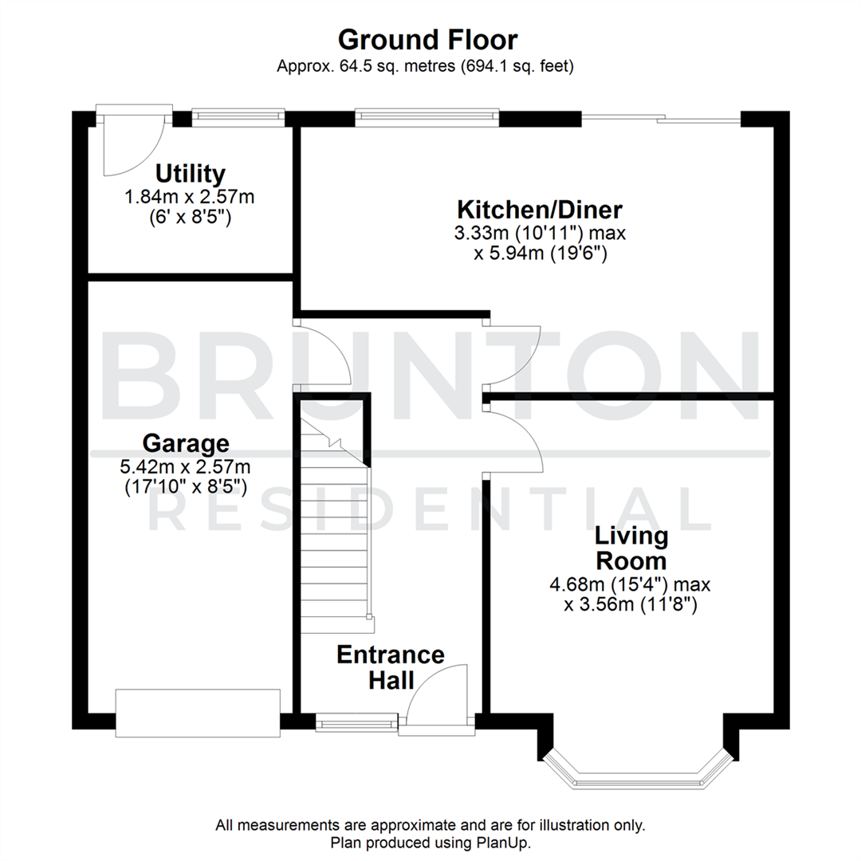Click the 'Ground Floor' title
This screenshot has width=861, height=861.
427,39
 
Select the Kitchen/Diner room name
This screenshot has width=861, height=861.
539,210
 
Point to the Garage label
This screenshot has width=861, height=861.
186,442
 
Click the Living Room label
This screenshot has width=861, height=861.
630,548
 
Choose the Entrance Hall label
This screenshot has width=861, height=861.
391,667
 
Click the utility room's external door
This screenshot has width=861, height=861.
132,143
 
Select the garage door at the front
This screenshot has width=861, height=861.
198,712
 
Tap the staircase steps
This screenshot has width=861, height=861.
335,542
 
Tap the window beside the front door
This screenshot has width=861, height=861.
356,722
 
